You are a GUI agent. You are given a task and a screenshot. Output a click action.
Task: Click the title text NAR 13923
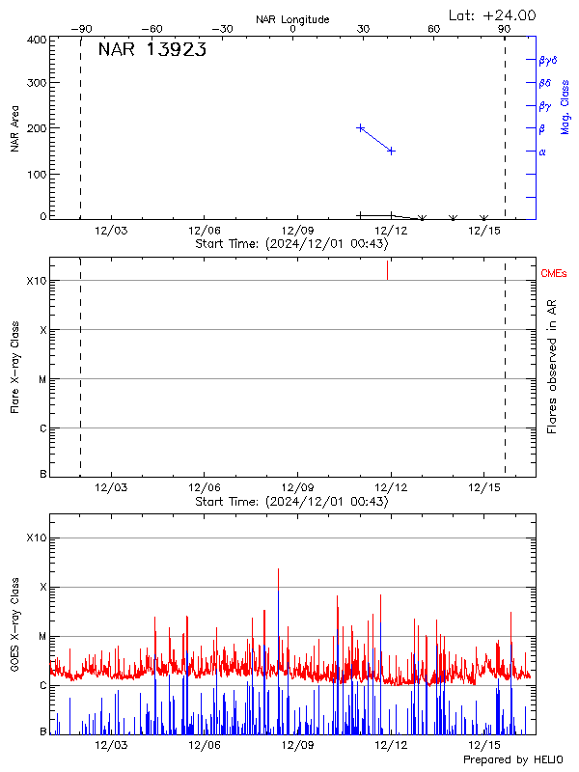152,51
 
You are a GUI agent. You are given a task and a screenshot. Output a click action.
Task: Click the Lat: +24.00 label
493,14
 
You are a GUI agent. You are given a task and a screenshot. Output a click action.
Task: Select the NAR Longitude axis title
292,19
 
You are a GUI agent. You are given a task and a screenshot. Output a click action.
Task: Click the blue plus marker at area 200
361,127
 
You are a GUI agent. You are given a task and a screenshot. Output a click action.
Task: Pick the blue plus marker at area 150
391,151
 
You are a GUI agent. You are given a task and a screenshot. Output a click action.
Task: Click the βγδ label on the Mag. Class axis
548,60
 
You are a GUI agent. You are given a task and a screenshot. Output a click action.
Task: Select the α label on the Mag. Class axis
542,152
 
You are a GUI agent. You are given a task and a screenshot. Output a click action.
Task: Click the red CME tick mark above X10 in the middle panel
387,269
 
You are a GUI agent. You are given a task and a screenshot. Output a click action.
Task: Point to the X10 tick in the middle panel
36,281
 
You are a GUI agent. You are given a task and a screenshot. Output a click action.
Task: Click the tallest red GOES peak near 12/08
278,571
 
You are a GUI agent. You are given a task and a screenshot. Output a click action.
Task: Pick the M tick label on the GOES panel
41,637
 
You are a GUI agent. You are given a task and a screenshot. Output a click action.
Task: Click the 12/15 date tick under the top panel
483,230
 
